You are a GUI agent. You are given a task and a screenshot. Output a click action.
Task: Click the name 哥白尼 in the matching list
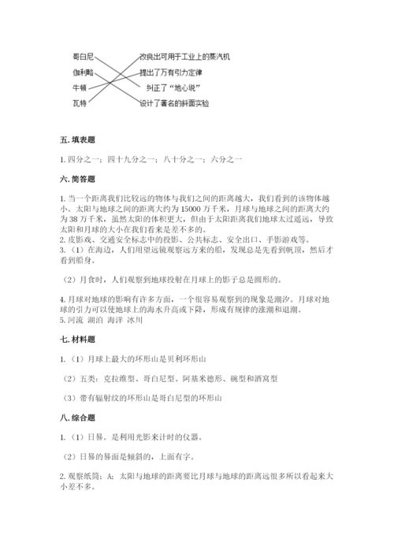click(x=83, y=57)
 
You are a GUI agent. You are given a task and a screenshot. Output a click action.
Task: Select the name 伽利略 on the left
click(x=83, y=72)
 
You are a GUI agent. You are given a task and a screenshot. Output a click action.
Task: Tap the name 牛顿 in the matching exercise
click(x=80, y=87)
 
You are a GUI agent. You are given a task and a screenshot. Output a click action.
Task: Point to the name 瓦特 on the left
click(x=80, y=102)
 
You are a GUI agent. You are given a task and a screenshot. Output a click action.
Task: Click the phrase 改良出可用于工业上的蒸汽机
click(x=185, y=57)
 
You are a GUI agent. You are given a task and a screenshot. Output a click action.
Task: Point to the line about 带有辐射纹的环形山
click(x=146, y=397)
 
